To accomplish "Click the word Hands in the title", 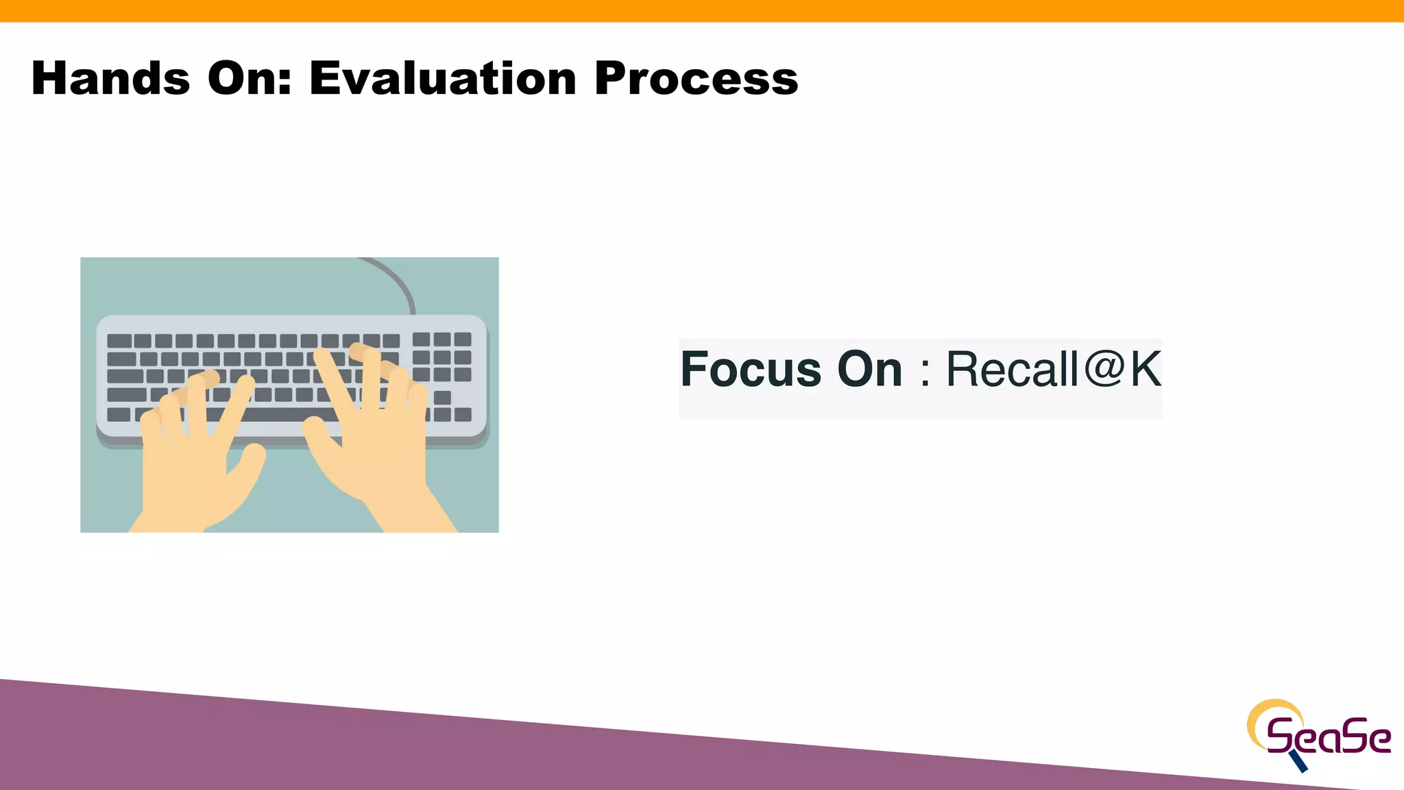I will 110,78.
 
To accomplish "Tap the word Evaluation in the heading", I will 443,78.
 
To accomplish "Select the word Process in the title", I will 696,78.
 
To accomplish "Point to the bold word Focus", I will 751,370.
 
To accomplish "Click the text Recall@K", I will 1053,370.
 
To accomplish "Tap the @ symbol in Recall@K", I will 1104,368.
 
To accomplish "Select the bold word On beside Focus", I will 869,370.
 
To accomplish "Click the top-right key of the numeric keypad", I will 463,339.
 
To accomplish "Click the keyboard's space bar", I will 274,414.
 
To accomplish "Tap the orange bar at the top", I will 702,10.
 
